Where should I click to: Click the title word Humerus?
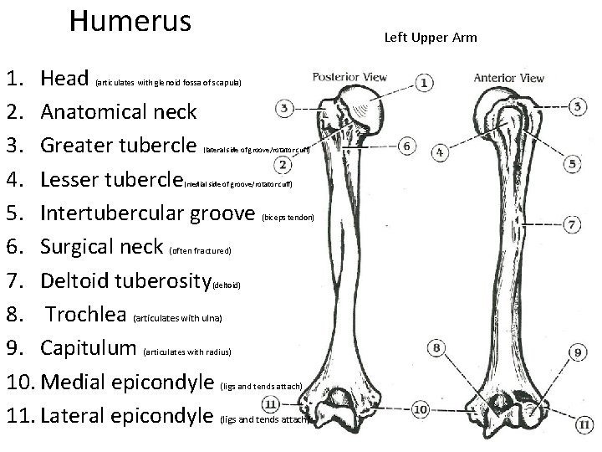click(x=130, y=21)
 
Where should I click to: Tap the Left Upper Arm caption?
click(x=430, y=38)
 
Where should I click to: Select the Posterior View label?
click(x=349, y=78)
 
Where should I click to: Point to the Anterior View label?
click(x=509, y=78)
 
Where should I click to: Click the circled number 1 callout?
click(x=426, y=83)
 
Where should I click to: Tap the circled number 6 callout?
click(x=407, y=146)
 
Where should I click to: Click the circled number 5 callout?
click(x=573, y=163)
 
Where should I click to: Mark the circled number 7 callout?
click(x=573, y=224)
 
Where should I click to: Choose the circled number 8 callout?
click(x=436, y=348)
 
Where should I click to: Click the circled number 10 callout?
click(x=420, y=409)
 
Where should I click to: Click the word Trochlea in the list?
click(x=85, y=315)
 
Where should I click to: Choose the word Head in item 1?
click(x=64, y=79)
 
